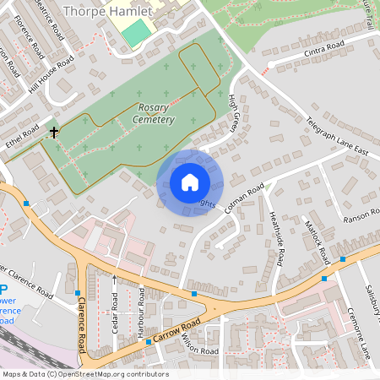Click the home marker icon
(x=189, y=182)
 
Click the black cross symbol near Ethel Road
(x=55, y=133)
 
